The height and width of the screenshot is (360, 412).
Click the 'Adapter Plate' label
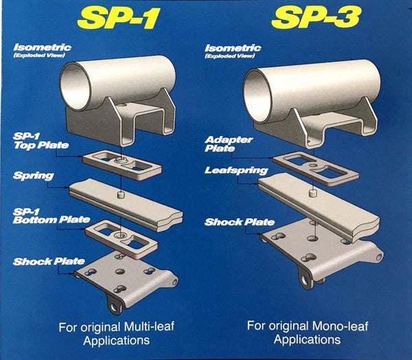[x=229, y=143]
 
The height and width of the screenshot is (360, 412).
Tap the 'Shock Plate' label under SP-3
[x=240, y=222]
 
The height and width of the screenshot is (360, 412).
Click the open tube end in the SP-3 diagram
[x=261, y=85]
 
